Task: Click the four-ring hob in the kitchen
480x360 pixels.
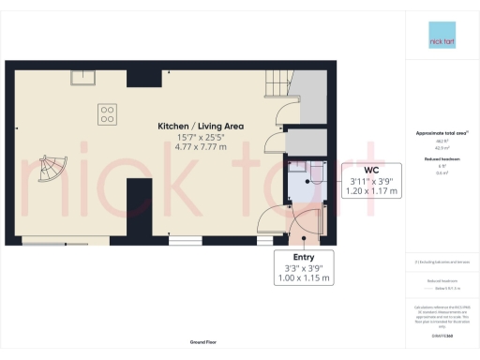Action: (108, 113)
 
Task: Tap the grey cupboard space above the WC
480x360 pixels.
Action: (305, 141)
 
